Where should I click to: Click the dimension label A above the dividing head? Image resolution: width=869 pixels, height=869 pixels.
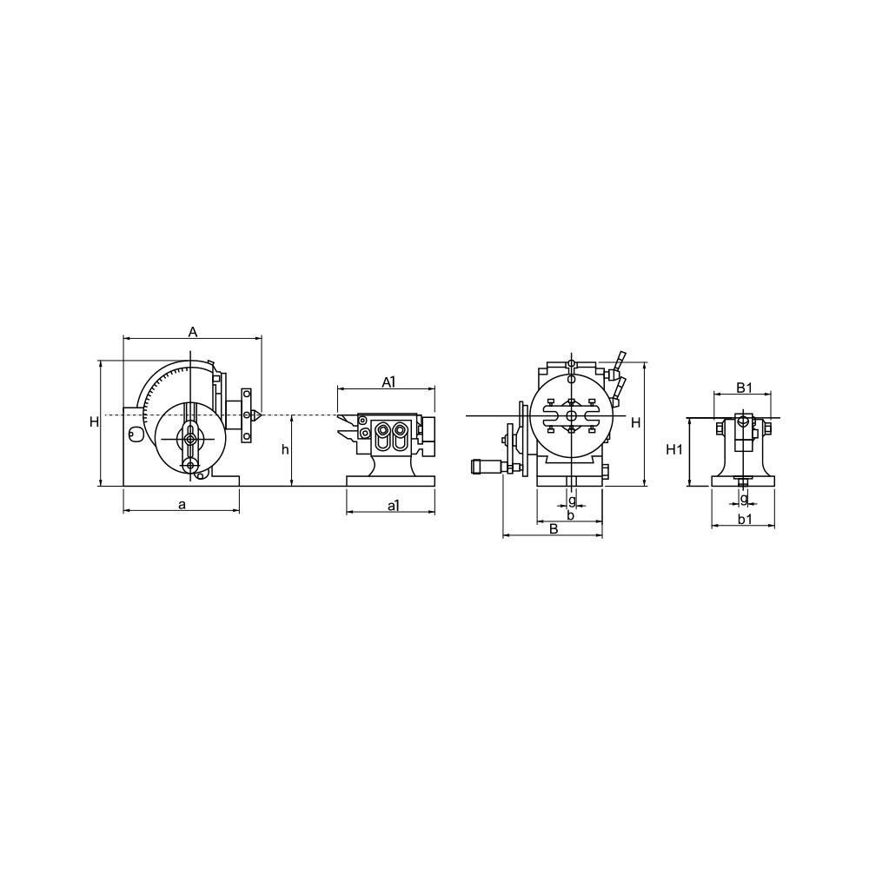point(192,332)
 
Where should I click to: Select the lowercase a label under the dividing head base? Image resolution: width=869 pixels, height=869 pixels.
point(182,505)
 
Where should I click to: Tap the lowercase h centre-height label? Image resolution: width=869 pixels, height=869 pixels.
point(285,449)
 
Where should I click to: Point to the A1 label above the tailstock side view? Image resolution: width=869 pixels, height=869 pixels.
point(388,381)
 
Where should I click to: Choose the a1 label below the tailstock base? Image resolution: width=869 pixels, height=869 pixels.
point(393,506)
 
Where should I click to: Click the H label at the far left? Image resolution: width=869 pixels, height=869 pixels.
point(94,421)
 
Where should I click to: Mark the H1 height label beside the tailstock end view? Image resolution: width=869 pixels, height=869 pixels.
point(674,449)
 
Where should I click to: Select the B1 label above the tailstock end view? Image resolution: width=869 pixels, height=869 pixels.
point(744,388)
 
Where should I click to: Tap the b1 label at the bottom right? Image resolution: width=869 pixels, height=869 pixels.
point(745,520)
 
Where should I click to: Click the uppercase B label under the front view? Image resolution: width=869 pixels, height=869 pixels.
point(553,528)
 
